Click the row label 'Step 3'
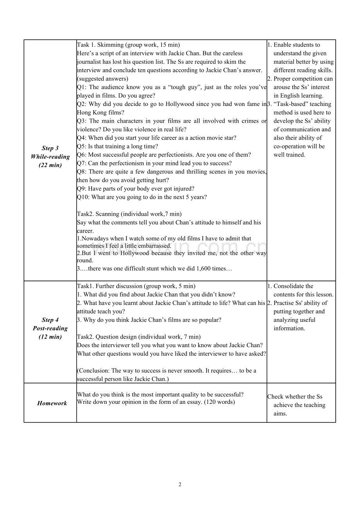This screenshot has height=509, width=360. [50, 148]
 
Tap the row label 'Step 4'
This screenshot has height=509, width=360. [50, 320]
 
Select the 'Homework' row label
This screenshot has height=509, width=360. [52, 403]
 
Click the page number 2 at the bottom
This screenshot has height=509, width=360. [180, 485]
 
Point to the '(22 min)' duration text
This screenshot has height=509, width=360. [50, 165]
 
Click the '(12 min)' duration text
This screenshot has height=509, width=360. [50, 337]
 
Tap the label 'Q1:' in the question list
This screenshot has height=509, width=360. [82, 87]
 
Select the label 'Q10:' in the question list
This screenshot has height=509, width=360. [83, 197]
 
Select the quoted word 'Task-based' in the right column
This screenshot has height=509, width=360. [290, 104]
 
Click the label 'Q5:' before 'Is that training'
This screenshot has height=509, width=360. [82, 146]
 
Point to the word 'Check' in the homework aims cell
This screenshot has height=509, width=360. [275, 396]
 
